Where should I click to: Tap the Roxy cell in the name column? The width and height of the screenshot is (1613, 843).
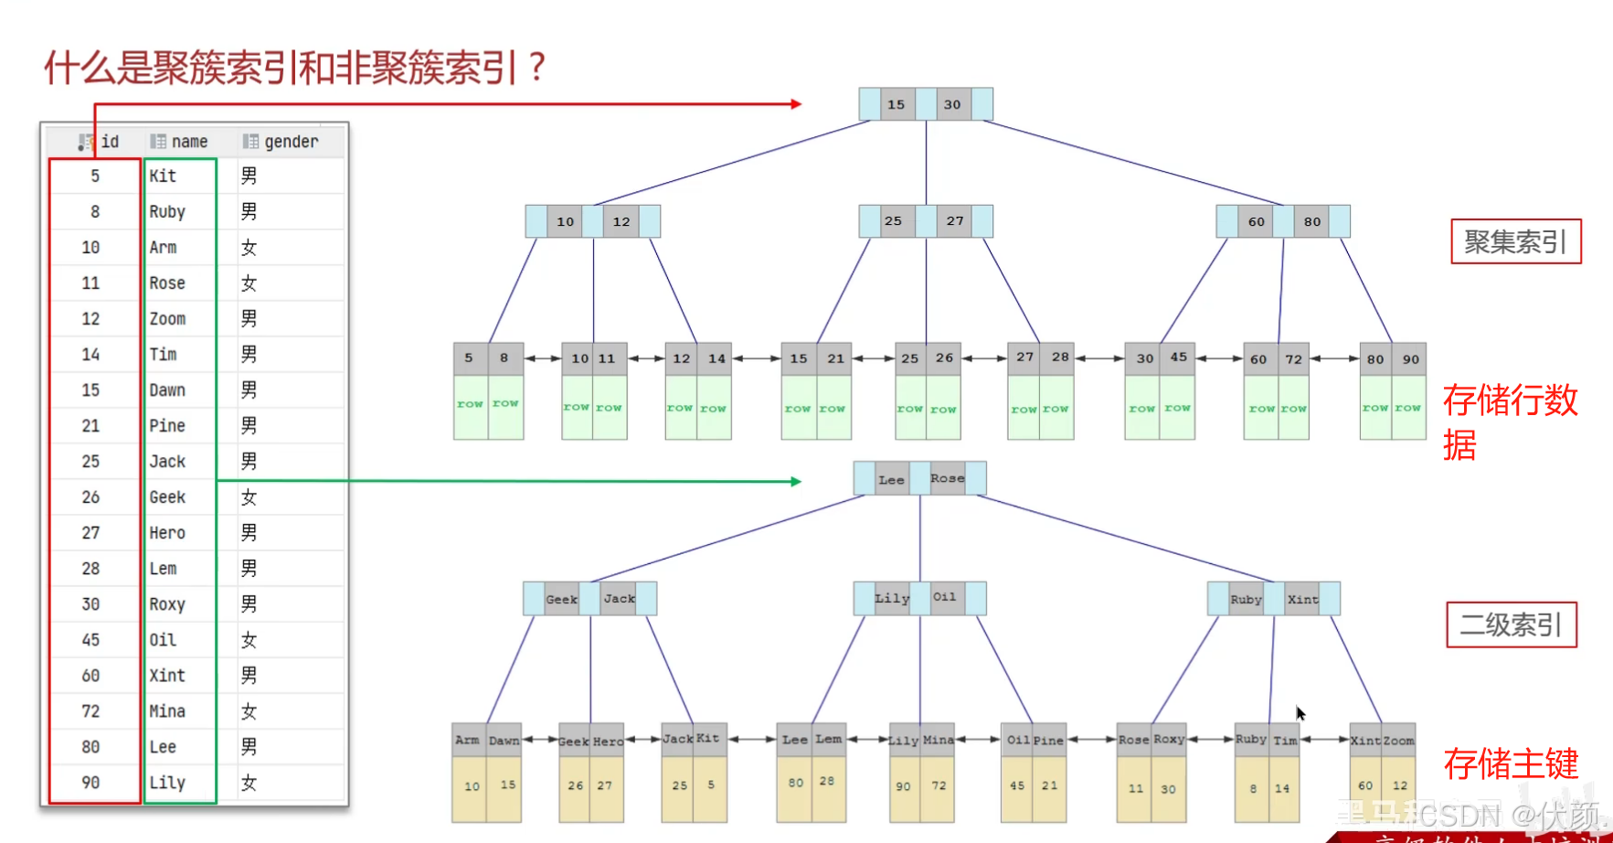click(167, 604)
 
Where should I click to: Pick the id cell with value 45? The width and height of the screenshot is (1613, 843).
click(90, 640)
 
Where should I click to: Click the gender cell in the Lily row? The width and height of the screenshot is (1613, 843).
click(249, 783)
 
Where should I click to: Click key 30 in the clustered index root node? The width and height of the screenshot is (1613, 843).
click(952, 104)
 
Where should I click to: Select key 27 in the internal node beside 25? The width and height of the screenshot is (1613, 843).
click(955, 221)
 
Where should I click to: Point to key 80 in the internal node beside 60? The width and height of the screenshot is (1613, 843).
click(1312, 221)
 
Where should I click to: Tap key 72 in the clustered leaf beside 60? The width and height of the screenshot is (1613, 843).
click(1293, 359)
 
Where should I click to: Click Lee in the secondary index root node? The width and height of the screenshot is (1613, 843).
click(891, 479)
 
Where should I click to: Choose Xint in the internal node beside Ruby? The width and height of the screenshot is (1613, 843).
click(1302, 599)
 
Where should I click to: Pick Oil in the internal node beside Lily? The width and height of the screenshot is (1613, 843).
click(944, 598)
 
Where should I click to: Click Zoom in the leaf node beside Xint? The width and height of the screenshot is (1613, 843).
click(1398, 741)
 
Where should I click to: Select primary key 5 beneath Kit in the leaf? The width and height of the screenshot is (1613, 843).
click(711, 784)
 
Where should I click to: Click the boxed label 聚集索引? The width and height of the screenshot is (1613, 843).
click(1515, 241)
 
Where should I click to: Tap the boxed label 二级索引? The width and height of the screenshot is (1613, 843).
click(1511, 624)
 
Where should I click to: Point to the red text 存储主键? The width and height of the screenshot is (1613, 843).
click(1511, 763)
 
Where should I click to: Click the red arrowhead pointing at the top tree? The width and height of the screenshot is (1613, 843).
click(796, 104)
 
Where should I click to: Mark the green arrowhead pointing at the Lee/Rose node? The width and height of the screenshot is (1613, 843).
click(796, 481)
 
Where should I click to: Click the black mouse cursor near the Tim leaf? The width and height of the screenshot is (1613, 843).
click(1300, 713)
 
